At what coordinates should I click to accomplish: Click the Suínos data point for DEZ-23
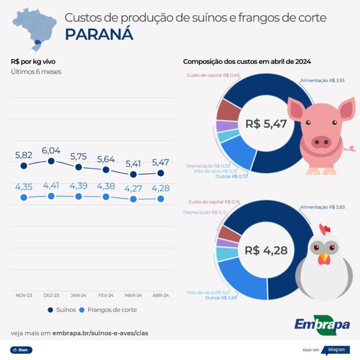(x=51, y=161)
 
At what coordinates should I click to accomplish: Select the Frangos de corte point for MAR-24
(x=133, y=199)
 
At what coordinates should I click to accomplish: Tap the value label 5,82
(x=24, y=155)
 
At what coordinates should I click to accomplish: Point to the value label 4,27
(x=133, y=188)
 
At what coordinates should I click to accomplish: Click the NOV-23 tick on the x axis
(x=24, y=295)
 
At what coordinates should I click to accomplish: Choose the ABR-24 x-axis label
(x=161, y=295)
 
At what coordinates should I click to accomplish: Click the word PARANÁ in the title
(x=99, y=35)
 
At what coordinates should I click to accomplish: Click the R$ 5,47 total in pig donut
(x=265, y=124)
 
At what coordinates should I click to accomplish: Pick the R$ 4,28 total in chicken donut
(x=265, y=251)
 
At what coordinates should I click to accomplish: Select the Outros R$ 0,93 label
(x=221, y=298)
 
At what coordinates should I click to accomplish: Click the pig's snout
(x=321, y=141)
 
